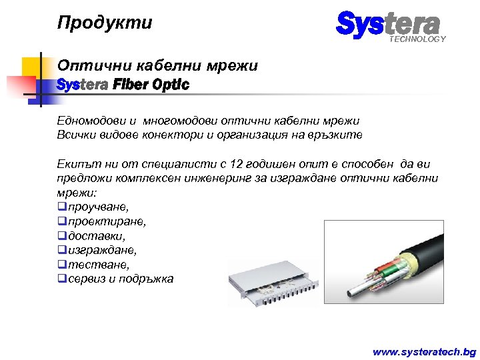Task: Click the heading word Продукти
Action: pyautogui.click(x=105, y=23)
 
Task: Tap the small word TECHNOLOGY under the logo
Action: pyautogui.click(x=418, y=39)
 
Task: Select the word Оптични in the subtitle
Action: pyautogui.click(x=85, y=66)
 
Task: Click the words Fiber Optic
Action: pyautogui.click(x=151, y=85)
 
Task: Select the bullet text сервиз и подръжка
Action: pyautogui.click(x=120, y=279)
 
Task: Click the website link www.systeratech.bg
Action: pyautogui.click(x=424, y=351)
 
